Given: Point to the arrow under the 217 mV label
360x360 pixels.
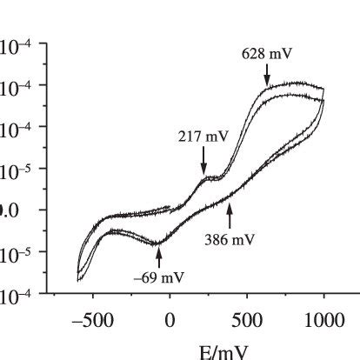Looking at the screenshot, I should [203, 163].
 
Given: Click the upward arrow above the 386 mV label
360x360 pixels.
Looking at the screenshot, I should [230, 213].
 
